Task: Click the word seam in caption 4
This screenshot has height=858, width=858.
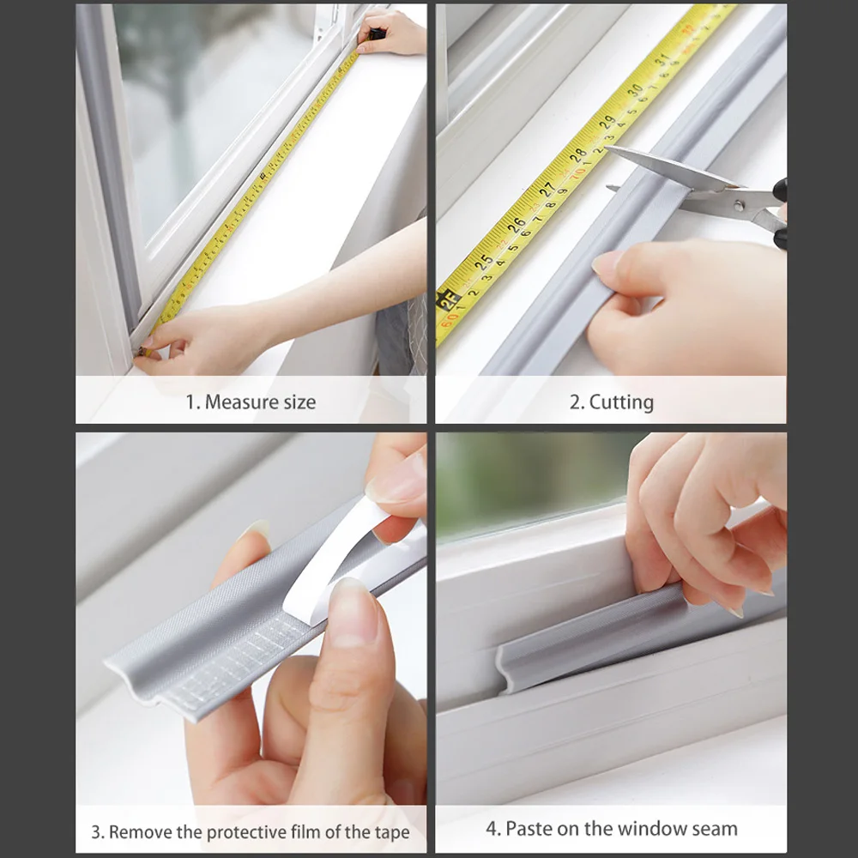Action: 716,828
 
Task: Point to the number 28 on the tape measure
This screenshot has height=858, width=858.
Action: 579,155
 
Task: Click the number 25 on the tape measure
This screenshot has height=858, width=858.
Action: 485,261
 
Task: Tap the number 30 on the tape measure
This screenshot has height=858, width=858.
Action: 634,91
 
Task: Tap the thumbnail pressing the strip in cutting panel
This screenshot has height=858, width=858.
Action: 607,264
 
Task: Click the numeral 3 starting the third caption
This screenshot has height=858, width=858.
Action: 96,831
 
